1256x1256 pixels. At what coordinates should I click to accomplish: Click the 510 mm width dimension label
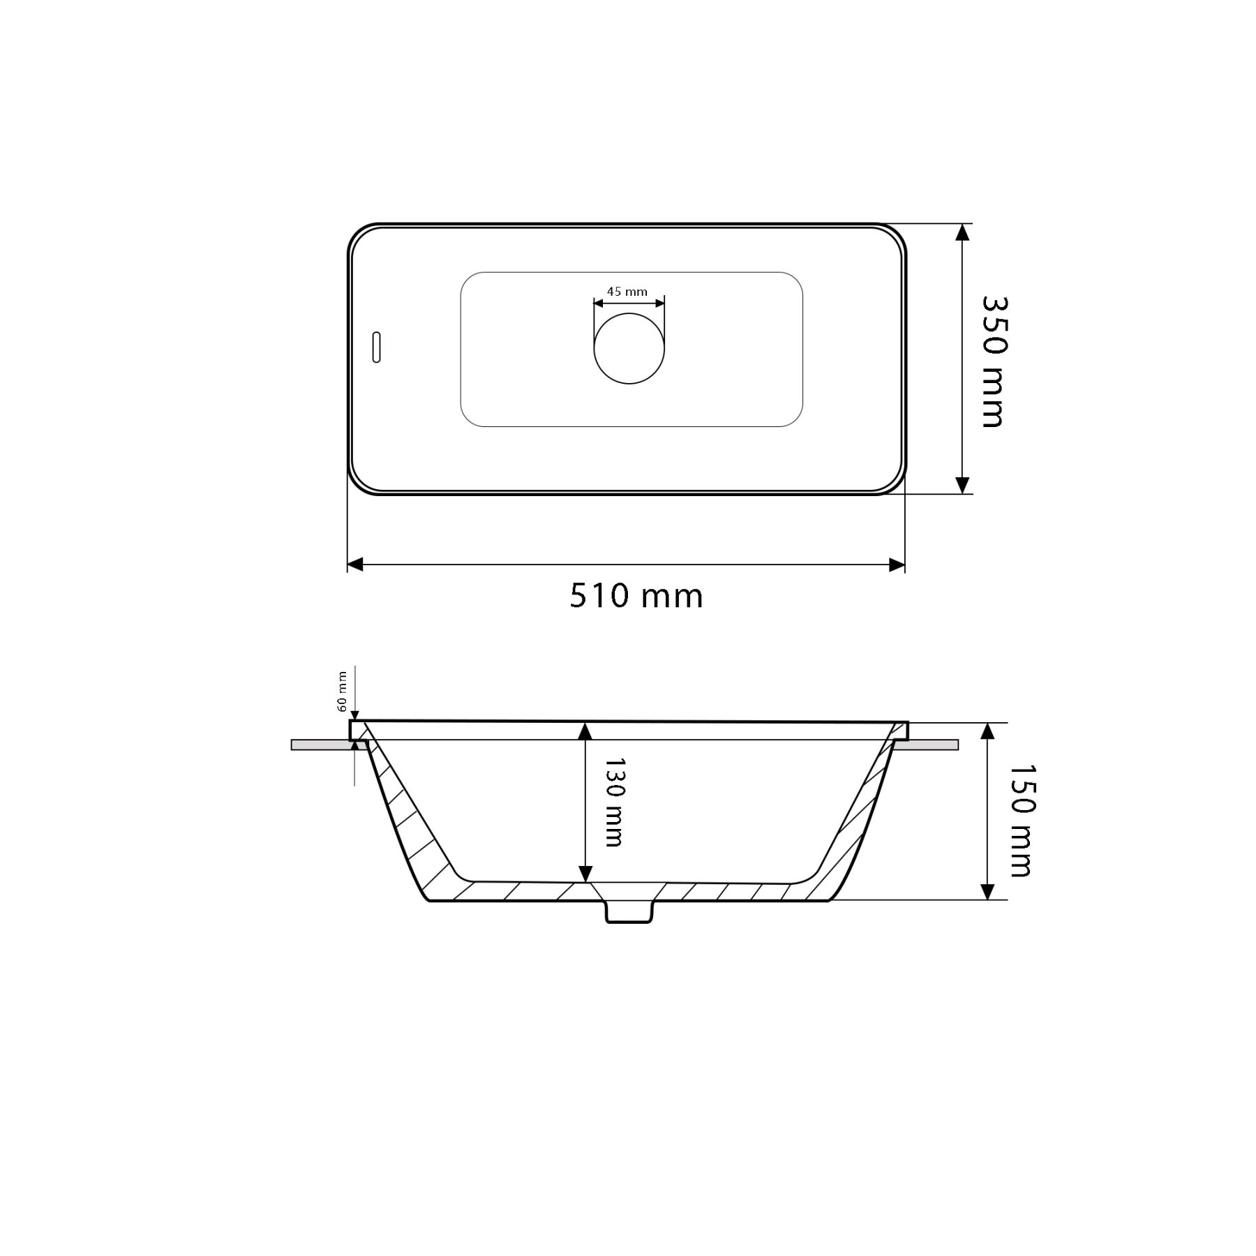click(x=636, y=597)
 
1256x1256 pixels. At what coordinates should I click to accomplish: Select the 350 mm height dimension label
click(x=992, y=361)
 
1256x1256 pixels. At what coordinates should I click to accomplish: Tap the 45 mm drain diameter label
click(x=627, y=292)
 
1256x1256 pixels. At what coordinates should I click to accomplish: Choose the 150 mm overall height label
click(x=1020, y=821)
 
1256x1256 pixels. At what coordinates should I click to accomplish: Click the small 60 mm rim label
click(x=342, y=691)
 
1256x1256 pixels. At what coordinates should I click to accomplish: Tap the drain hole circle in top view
click(x=629, y=348)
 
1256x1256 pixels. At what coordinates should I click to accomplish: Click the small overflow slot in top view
click(x=377, y=347)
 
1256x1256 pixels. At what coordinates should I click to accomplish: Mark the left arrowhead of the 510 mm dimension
click(x=355, y=565)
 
